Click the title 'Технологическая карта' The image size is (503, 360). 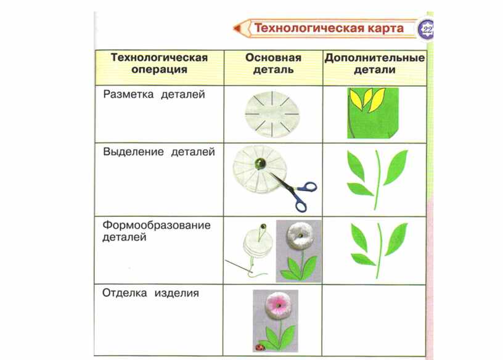(x=329, y=28)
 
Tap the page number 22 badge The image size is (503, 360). (x=427, y=30)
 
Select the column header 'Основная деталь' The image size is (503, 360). (x=273, y=63)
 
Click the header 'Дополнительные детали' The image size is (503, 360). (x=374, y=63)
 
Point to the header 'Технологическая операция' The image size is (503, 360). (x=159, y=63)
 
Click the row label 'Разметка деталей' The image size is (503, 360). (x=154, y=95)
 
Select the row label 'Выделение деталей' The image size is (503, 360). (x=159, y=152)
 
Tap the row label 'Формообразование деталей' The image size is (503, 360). (x=157, y=231)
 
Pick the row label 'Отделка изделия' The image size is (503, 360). (x=150, y=293)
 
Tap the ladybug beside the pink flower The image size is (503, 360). (x=260, y=348)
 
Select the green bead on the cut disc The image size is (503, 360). (x=260, y=163)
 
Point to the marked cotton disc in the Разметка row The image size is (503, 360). (x=272, y=114)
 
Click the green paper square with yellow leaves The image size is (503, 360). (x=373, y=113)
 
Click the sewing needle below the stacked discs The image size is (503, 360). (x=239, y=266)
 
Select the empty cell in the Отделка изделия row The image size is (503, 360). (x=374, y=320)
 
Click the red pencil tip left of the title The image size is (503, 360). (x=237, y=28)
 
